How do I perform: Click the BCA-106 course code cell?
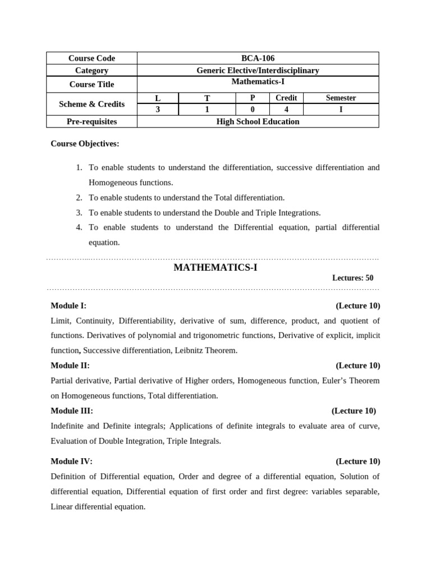point(258,58)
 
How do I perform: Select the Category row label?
point(91,71)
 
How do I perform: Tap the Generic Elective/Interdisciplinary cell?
point(258,71)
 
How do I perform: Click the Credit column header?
point(286,98)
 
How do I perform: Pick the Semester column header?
point(341,98)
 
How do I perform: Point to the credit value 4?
point(286,109)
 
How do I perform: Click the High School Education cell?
point(258,122)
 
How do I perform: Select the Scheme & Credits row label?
point(91,104)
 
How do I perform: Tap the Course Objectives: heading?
point(85,144)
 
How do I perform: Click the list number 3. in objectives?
point(79,213)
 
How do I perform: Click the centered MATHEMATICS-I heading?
point(215,268)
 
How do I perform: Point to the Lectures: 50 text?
point(352,278)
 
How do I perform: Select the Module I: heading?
point(68,306)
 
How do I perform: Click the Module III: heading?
point(72,411)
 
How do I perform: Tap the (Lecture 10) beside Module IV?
point(357,462)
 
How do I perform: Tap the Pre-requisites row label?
point(91,122)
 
